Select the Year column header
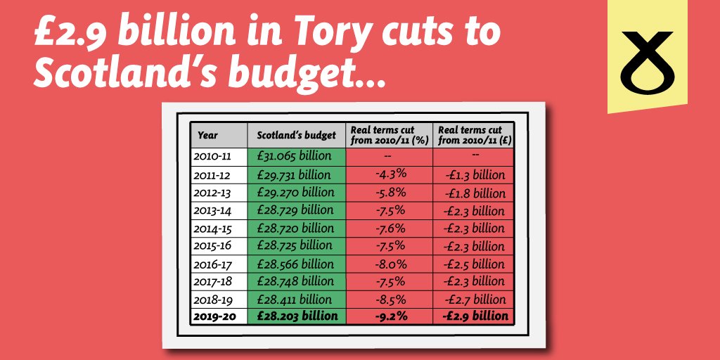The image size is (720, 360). tap(208, 135)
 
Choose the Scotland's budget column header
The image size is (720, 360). tap(295, 135)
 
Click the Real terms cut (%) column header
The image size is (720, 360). tap(390, 135)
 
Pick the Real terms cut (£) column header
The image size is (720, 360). tap(473, 135)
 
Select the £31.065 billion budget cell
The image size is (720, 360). tap(295, 156)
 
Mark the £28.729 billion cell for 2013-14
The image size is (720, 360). tap(295, 210)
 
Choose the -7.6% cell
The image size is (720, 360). tap(390, 228)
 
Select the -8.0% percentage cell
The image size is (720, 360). tap(390, 264)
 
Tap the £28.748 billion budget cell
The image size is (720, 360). tap(295, 281)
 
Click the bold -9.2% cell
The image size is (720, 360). tap(390, 316)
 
